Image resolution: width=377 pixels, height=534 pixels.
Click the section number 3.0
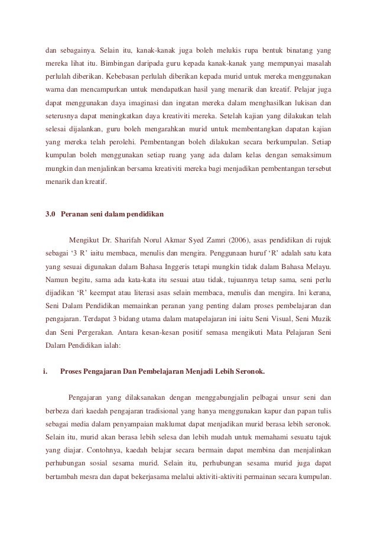click(x=52, y=213)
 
